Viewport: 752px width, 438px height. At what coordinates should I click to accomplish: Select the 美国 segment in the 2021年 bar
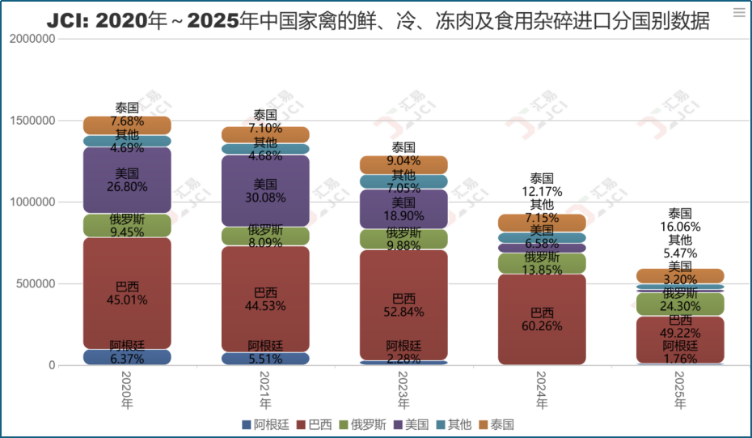click(x=265, y=190)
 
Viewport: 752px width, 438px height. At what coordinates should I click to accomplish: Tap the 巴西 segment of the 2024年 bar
click(x=542, y=319)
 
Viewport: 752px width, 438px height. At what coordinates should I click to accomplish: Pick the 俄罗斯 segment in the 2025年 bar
click(x=680, y=304)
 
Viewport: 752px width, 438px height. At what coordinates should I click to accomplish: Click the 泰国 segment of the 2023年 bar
click(x=403, y=164)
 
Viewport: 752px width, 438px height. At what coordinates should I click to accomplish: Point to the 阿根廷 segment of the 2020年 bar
click(x=127, y=357)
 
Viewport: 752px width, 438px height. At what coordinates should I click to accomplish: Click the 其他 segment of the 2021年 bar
click(x=265, y=149)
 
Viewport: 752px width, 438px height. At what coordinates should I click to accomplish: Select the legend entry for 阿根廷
click(x=265, y=424)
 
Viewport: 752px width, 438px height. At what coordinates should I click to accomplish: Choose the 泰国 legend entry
click(x=496, y=424)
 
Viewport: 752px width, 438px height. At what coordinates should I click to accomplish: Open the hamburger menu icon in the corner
click(x=738, y=13)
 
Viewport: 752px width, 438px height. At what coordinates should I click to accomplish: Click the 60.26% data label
click(x=542, y=326)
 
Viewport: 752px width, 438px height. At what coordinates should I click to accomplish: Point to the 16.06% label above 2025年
click(x=680, y=227)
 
